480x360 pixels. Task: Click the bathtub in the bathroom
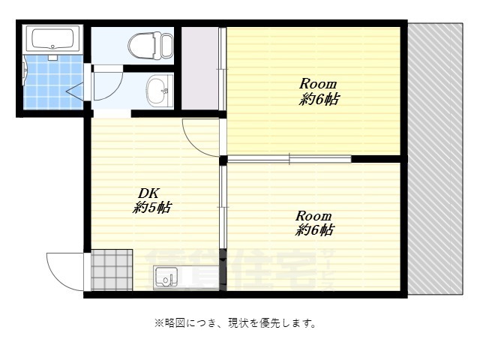pos(52,39)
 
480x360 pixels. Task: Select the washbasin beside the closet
pos(158,91)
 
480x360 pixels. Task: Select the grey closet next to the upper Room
pos(199,67)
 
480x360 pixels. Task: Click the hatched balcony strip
pos(435,157)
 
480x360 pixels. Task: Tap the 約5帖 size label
pos(151,208)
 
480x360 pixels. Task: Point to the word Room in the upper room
pos(318,83)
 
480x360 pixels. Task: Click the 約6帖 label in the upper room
pos(318,99)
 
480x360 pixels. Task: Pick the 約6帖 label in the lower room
pos(315,230)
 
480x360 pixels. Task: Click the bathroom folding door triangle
pos(76,91)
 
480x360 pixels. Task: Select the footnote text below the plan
pos(235,323)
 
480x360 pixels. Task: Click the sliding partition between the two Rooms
pos(289,159)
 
